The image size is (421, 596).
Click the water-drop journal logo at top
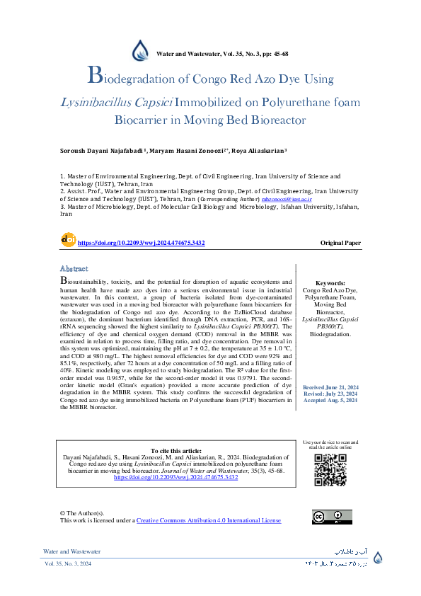pos(142,50)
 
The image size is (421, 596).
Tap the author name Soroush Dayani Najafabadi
pos(102,151)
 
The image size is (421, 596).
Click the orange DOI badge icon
pos(68,239)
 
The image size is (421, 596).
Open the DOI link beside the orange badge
pos(141,243)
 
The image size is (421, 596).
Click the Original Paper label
pos(340,243)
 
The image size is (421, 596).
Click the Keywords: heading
pos(330,282)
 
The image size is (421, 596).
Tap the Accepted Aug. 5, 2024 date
pos(330,401)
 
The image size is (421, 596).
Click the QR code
pos(330,469)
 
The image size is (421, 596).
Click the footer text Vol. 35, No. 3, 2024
pos(68,563)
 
